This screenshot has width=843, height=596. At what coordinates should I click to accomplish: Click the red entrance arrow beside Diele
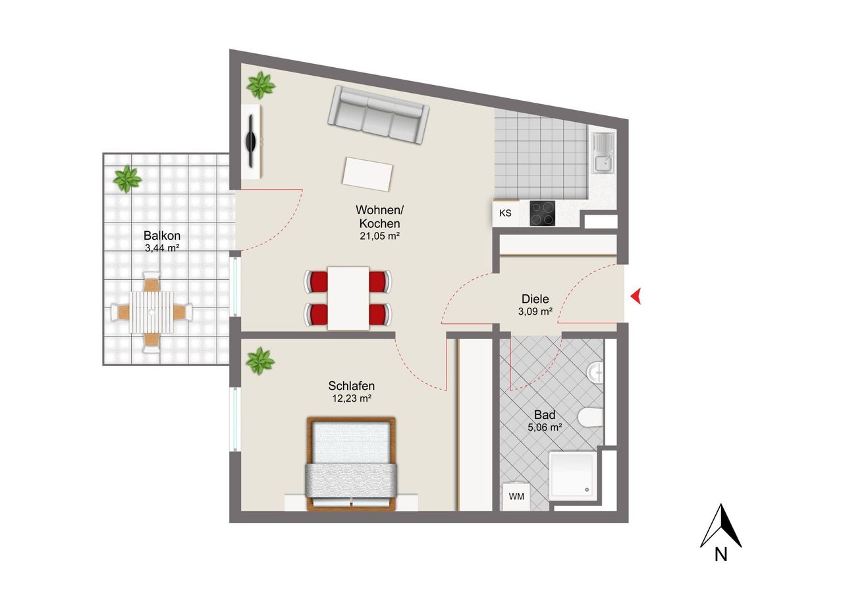coord(636,296)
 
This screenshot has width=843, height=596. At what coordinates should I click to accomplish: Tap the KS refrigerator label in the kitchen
coord(505,213)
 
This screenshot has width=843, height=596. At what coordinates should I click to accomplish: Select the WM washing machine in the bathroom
coord(516,497)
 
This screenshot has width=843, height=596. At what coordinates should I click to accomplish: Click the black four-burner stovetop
coord(542,213)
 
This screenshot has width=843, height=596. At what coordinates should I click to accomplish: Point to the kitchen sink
coord(603,153)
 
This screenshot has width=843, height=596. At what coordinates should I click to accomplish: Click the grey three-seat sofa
coord(378,115)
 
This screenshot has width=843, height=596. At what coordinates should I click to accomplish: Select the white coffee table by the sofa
coord(367,175)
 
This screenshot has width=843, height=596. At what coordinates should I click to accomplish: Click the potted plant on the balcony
coord(128,178)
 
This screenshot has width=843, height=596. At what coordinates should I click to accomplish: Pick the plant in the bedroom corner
coord(260,361)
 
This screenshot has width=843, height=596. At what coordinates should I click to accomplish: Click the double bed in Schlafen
coord(352,464)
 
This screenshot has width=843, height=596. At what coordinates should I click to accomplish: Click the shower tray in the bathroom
coord(573,475)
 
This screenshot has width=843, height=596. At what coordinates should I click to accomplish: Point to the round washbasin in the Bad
coord(595,371)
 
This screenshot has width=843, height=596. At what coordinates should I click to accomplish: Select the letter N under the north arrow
coord(721,554)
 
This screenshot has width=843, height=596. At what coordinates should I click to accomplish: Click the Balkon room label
coord(162,236)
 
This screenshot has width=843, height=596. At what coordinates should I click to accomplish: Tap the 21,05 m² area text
coord(379,236)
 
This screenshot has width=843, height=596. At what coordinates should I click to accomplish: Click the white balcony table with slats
coord(151,312)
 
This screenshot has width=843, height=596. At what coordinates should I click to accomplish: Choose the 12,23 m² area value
coord(352,398)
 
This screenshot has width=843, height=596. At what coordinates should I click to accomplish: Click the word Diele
coord(535,299)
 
